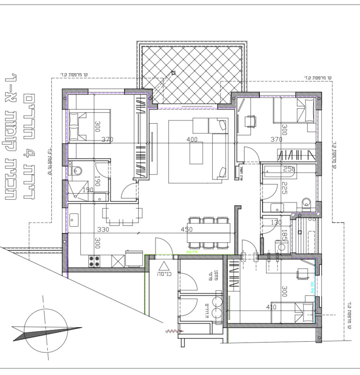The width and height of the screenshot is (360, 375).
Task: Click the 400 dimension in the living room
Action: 192,140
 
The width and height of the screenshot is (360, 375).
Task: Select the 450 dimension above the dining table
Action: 187,230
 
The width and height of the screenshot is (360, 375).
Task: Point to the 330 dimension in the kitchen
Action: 104,230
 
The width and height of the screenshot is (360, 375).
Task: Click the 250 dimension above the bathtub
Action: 289,169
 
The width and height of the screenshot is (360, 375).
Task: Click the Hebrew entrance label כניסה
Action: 164,274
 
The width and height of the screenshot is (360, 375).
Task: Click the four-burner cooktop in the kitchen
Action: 94,261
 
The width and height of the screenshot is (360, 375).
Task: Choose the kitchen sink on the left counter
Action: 74,220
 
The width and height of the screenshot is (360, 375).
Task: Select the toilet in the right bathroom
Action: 307,202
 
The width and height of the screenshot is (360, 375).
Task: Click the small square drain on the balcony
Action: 173,73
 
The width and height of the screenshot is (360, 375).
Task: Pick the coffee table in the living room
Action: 196,153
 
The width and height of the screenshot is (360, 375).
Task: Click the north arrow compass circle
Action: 46,328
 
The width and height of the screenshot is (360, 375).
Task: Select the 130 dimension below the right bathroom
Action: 276,223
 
